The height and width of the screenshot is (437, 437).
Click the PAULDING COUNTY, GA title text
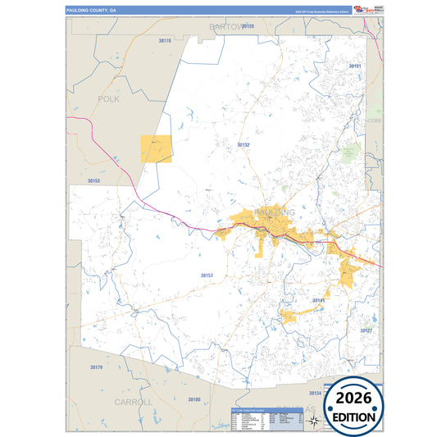93,10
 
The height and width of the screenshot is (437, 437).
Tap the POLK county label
108,98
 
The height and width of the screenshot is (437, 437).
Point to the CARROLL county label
133,402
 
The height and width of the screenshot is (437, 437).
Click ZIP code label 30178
165,40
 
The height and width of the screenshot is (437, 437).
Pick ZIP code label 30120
248,27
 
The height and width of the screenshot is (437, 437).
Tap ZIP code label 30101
355,66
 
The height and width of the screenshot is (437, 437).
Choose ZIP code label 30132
244,144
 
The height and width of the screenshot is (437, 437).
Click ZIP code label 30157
207,275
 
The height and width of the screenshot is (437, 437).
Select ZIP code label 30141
318,301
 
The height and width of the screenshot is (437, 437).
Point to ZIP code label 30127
366,330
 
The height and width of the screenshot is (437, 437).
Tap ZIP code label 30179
96,367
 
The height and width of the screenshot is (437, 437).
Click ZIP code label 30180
193,399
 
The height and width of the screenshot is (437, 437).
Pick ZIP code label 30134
316,393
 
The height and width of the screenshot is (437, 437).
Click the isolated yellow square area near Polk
157,148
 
